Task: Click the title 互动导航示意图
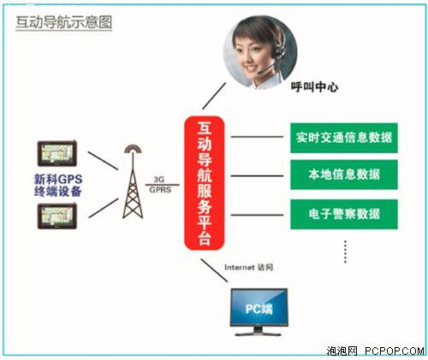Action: coord(63,22)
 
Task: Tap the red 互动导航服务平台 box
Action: coord(205,183)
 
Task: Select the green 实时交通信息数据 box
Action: coord(344,138)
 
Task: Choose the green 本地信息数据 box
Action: coord(344,174)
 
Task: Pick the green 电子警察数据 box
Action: coord(344,214)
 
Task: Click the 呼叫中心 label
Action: coord(314,86)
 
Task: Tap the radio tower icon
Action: coord(133,182)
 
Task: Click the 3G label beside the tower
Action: coord(159,180)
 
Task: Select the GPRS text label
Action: coord(160,190)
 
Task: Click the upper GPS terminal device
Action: coord(57,153)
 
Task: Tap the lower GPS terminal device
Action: coord(57,216)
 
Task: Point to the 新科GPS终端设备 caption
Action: coord(58,186)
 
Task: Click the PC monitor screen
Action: coord(259,308)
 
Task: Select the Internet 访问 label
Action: coord(248,268)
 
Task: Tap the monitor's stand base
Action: coord(258,333)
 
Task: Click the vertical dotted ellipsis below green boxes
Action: coord(346,251)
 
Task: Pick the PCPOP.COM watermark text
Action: coord(395,351)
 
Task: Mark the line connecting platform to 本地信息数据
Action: coord(257,176)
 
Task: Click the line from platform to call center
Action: coord(214,96)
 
